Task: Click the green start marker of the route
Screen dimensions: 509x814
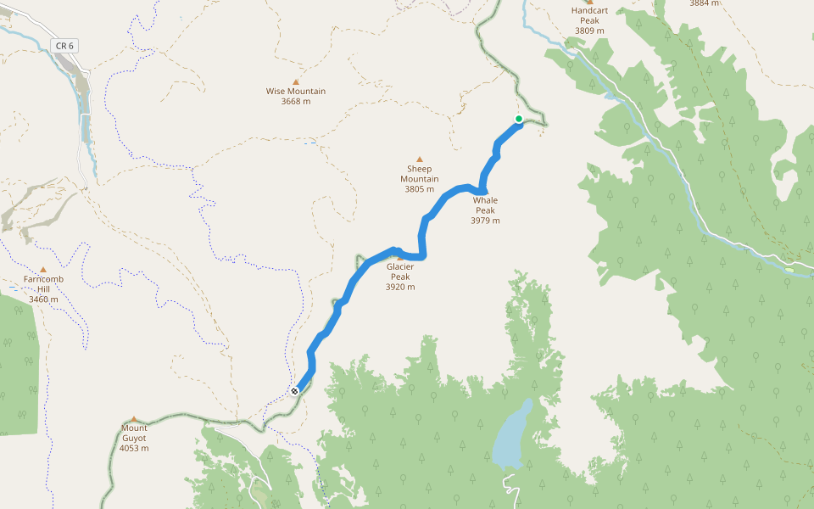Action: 519,119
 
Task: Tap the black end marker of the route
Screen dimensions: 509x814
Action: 294,391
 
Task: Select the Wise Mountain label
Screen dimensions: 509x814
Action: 296,92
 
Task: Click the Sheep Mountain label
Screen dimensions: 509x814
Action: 420,174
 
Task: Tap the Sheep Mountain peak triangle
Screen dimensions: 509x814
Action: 419,159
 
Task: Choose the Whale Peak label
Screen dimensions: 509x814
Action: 485,205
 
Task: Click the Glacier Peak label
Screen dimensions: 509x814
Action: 400,271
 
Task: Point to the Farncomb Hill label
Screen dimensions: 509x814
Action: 43,283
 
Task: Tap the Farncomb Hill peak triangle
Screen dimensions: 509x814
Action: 43,270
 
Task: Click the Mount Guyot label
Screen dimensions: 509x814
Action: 134,433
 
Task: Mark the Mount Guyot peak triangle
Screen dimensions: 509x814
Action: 134,419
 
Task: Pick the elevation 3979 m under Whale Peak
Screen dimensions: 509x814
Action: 485,221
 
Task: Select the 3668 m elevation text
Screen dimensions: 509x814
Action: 296,102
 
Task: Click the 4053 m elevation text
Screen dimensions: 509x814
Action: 134,449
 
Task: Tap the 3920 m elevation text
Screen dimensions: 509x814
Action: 400,287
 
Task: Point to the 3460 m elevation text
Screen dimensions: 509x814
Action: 43,299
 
